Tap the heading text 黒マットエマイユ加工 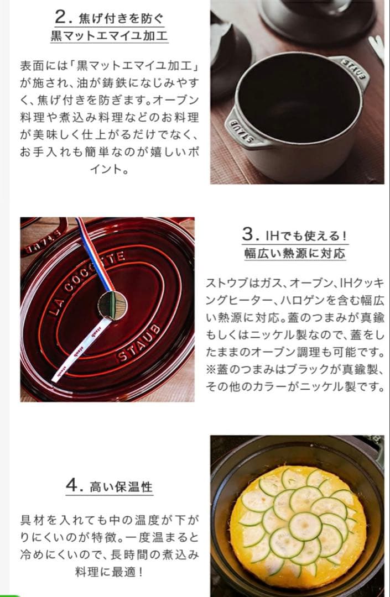(109, 36)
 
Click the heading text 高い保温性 (121, 487)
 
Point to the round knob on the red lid (112, 306)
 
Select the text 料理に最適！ (109, 572)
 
